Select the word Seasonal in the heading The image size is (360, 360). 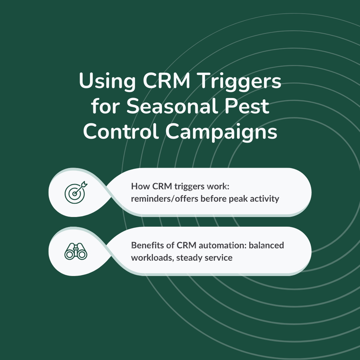172,106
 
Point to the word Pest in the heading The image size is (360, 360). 247,106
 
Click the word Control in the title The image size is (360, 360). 121,131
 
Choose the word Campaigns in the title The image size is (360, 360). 221,132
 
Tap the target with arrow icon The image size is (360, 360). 76,192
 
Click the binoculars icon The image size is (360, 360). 76,251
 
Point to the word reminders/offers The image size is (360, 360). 164,199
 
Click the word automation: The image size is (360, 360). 223,245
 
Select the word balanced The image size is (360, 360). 266,245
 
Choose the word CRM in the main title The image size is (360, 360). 167,81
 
